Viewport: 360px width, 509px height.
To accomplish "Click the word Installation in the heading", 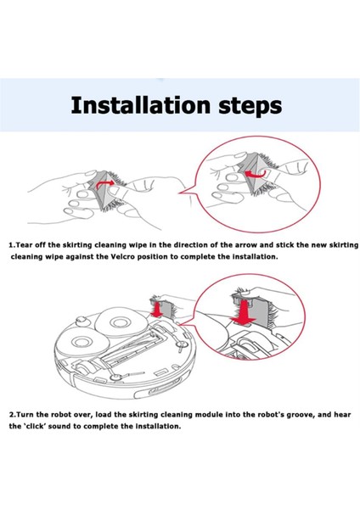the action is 140,105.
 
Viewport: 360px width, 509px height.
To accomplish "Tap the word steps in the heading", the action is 250,106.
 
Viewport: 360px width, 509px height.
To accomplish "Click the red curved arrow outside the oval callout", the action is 104,184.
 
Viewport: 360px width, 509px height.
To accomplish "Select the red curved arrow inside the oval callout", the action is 255,173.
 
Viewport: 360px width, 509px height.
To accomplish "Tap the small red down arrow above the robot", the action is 158,310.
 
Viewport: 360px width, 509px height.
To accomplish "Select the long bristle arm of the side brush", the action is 132,375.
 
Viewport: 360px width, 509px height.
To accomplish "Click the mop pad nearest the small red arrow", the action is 121,322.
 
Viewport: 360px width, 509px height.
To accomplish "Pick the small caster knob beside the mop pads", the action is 81,320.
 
